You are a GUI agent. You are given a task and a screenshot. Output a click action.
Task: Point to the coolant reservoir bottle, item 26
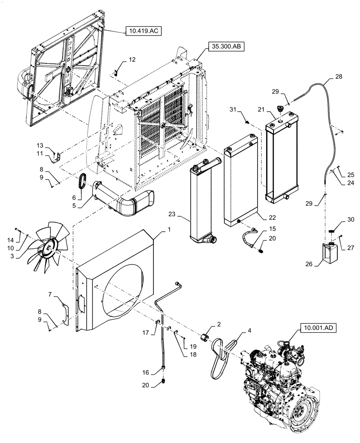(x=329, y=256)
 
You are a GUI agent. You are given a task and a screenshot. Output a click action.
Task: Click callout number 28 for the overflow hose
(x=339, y=77)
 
